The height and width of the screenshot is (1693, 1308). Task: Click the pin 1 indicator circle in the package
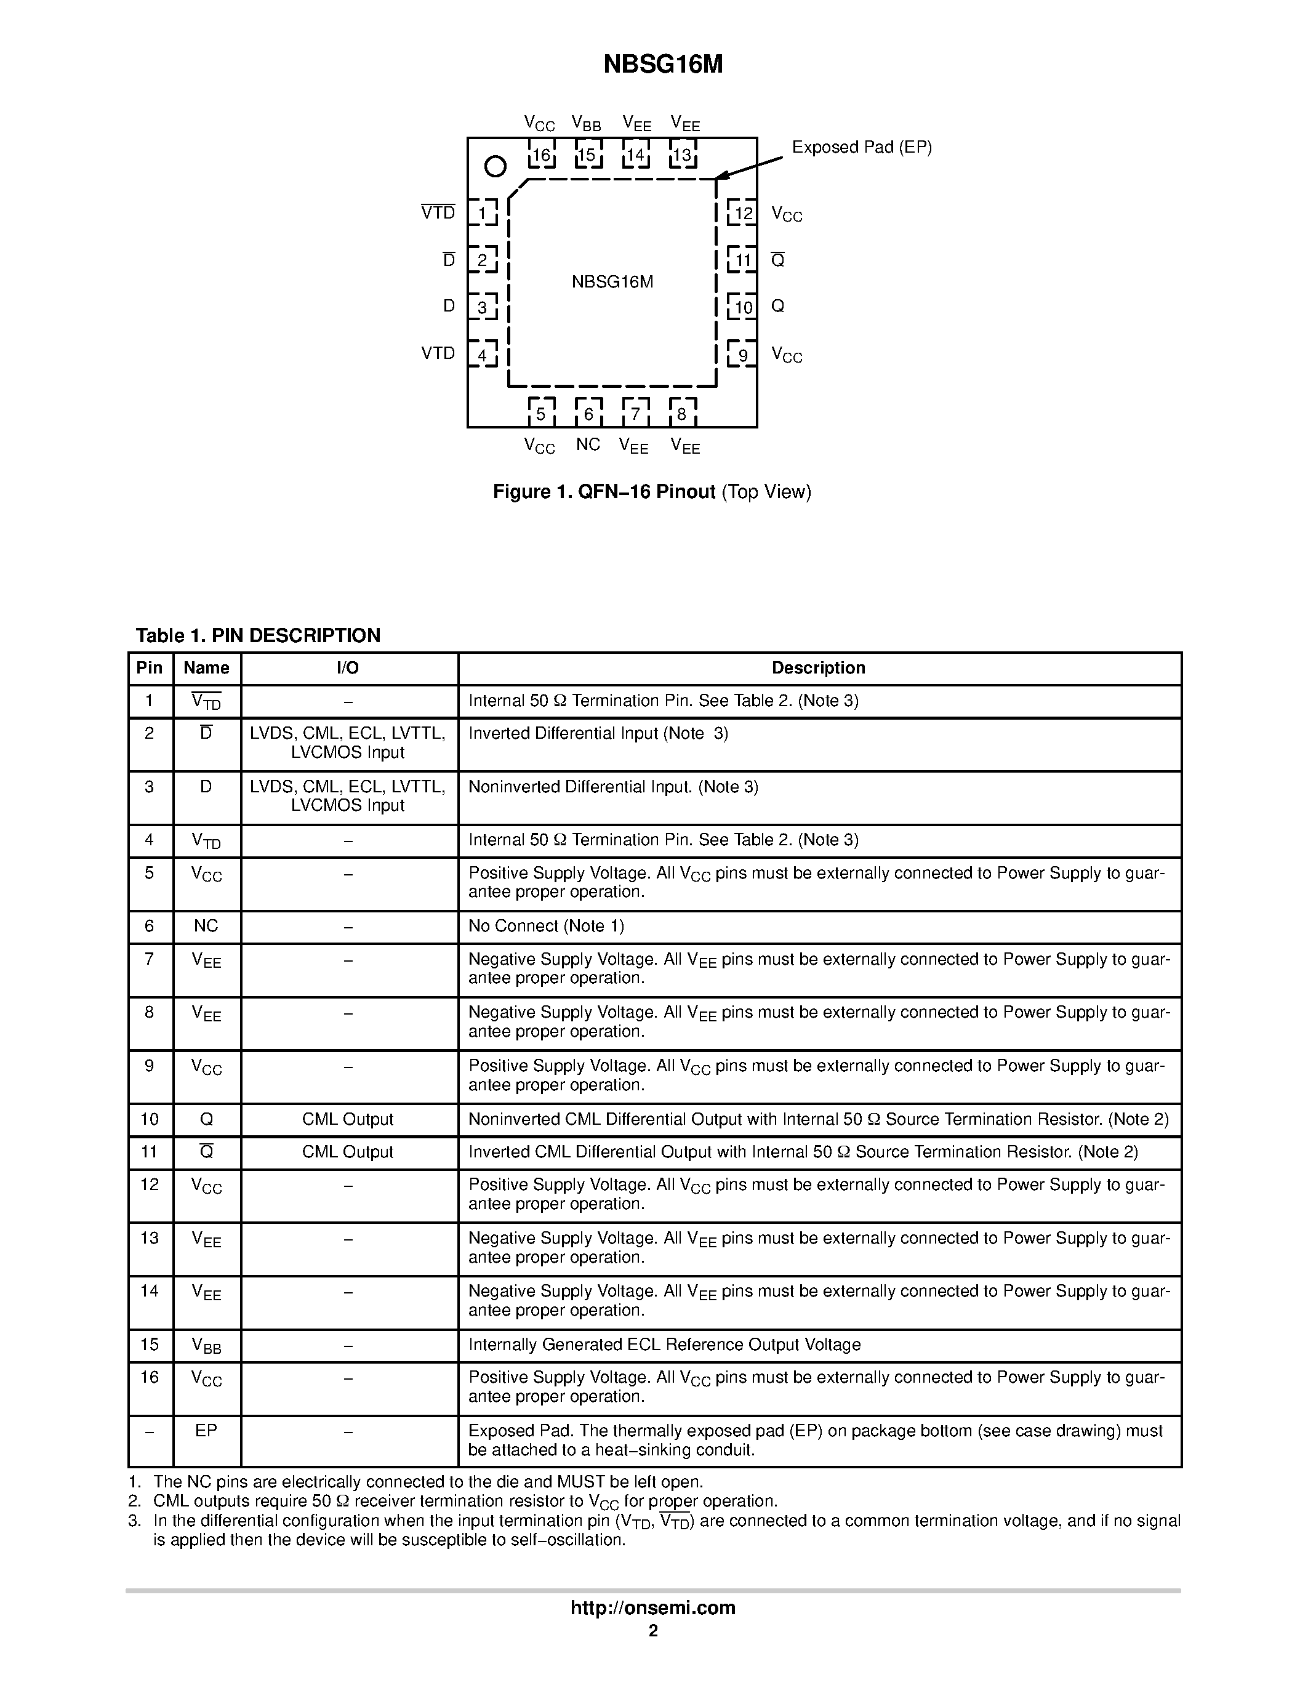494,166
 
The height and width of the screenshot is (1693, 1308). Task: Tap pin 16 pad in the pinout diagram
541,155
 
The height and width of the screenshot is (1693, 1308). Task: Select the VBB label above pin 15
586,123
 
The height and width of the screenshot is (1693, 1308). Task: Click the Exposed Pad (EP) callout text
861,147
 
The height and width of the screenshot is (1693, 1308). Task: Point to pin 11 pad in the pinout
742,260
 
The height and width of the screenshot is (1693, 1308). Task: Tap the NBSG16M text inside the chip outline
612,282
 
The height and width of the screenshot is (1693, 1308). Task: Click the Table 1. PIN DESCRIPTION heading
258,636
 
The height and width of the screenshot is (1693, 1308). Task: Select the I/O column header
348,668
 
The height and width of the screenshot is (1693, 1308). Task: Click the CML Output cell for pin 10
348,1119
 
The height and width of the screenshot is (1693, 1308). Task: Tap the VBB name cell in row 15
206,1346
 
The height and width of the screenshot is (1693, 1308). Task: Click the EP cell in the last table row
206,1431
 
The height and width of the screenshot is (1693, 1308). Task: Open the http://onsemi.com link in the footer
652,1607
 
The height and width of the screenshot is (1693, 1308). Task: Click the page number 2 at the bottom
653,1631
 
